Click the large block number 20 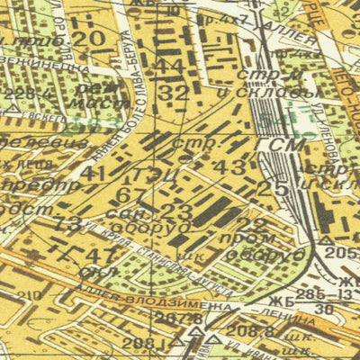88,39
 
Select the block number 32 175,93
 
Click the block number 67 130,194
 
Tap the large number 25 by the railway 266,188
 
